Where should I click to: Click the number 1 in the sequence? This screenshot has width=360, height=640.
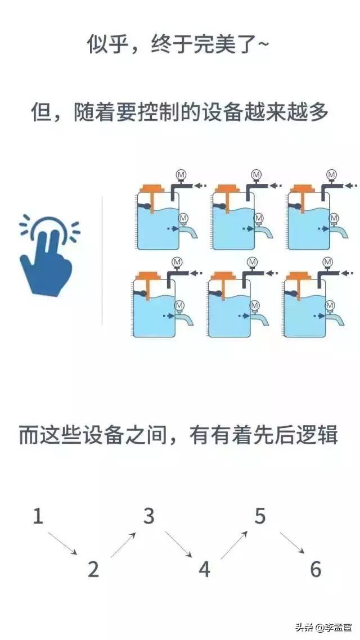tap(38, 516)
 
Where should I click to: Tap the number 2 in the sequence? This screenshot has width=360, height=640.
tap(93, 569)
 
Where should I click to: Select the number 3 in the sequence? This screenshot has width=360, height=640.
tap(148, 516)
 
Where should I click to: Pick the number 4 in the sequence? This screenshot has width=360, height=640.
tap(204, 569)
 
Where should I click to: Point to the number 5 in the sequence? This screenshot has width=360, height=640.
tap(259, 516)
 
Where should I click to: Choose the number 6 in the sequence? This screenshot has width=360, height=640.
tap(316, 569)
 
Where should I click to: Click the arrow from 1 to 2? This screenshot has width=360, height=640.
tap(62, 543)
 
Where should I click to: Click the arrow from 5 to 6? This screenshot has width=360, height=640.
tap(292, 542)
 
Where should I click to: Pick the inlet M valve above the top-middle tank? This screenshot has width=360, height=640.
tap(256, 175)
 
